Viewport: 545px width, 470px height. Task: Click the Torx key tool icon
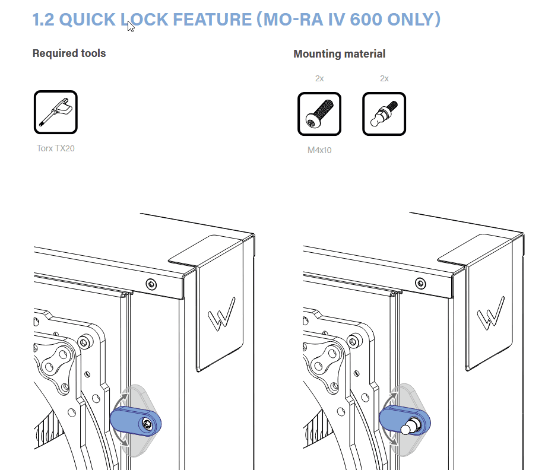(56, 112)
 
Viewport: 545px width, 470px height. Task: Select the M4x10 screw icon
(319, 114)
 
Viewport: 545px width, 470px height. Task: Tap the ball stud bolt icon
(384, 114)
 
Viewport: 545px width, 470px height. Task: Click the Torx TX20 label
(56, 148)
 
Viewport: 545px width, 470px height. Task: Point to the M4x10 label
(319, 150)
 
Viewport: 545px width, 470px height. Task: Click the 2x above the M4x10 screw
(319, 78)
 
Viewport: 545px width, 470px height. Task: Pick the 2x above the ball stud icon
(384, 78)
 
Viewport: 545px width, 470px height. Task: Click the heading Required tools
(69, 53)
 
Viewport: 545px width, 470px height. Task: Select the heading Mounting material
(339, 54)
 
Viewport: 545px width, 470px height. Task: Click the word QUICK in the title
(87, 20)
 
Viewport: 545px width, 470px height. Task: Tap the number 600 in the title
(366, 20)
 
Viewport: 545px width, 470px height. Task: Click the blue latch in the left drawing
(135, 421)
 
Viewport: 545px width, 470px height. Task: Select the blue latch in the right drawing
(405, 421)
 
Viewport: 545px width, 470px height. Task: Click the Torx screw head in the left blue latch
(147, 424)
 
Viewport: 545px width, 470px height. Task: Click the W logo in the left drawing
(221, 314)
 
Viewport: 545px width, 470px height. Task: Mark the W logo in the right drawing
(491, 313)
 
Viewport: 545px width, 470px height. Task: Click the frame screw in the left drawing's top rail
(151, 284)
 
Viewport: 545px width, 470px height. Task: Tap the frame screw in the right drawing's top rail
(420, 284)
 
